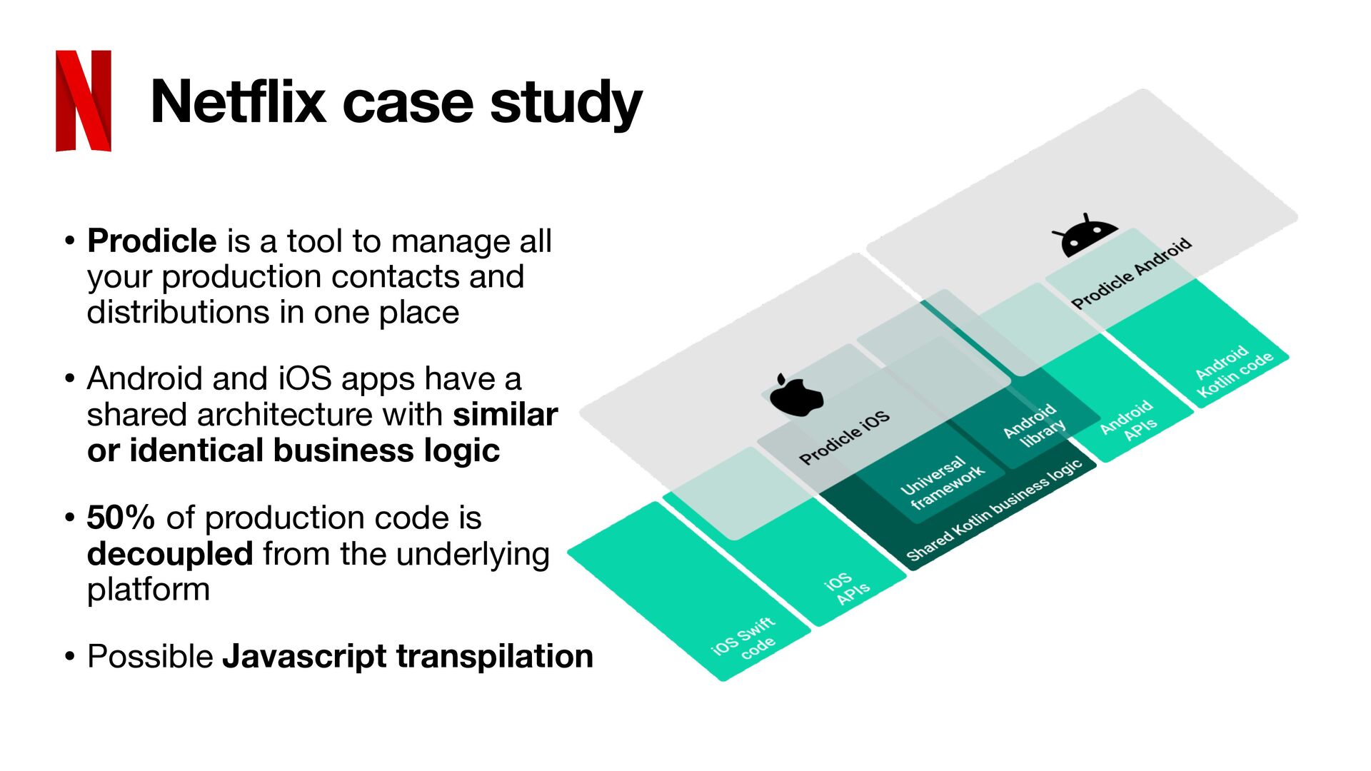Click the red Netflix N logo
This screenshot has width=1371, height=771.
(x=84, y=101)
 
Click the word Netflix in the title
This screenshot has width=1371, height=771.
(x=238, y=102)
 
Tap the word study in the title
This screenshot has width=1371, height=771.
(x=566, y=104)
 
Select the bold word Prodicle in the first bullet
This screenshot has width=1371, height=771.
(x=151, y=241)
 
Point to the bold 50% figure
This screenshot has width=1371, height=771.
(x=121, y=518)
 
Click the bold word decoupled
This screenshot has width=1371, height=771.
(x=170, y=554)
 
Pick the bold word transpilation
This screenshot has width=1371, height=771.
(x=494, y=656)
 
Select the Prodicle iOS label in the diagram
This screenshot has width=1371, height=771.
(x=844, y=438)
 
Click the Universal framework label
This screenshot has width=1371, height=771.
(x=942, y=483)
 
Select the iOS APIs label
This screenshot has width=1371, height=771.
(x=845, y=588)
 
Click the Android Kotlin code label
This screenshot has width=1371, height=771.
(x=1233, y=371)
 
